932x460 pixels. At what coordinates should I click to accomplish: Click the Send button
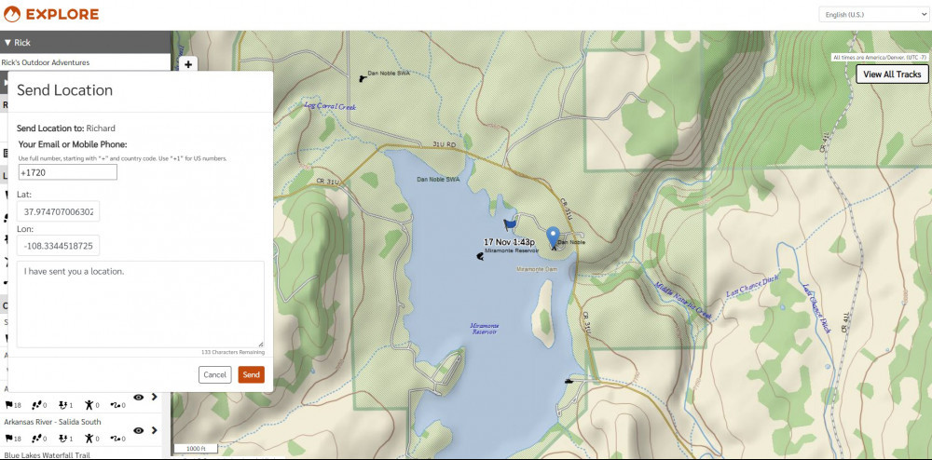pos(251,374)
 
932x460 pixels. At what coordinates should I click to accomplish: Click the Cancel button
pos(214,374)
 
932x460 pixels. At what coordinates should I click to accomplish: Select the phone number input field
pos(67,172)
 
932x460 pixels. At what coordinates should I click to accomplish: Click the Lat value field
pos(59,212)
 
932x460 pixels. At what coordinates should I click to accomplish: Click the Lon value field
pos(59,247)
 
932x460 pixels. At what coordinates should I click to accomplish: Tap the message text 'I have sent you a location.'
pos(75,272)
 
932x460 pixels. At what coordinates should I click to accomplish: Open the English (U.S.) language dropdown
pos(873,15)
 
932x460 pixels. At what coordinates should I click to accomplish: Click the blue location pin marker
pos(553,237)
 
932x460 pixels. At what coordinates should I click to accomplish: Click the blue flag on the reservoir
pos(509,225)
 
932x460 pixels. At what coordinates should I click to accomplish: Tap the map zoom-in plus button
pos(188,65)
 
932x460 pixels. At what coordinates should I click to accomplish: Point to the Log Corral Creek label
pos(331,106)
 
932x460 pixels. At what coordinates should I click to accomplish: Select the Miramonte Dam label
pos(536,269)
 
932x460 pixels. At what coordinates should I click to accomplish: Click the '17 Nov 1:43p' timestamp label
pos(509,242)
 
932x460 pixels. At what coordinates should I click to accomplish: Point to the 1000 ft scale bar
pos(196,450)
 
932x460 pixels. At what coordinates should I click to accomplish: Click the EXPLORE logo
pos(51,15)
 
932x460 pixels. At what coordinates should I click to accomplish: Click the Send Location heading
pos(65,90)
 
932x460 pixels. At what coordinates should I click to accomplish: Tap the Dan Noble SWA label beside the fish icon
pos(389,73)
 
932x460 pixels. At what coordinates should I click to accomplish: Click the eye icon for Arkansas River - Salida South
pos(138,430)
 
